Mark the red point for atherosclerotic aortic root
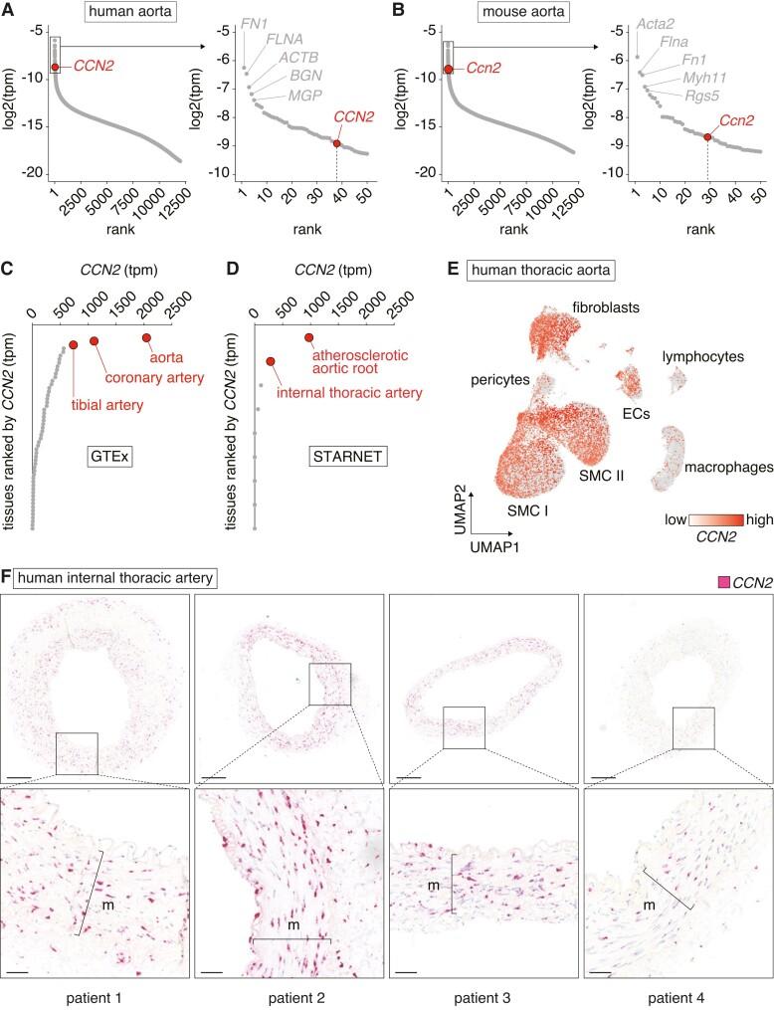(308, 338)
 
